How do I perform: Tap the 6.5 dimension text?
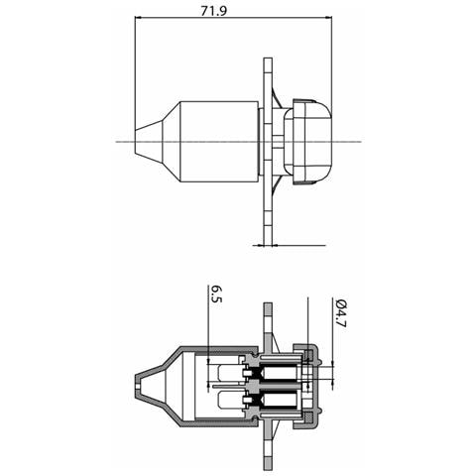[x=216, y=295]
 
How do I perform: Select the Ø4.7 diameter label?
[x=339, y=312]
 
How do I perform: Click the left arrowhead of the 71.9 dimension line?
[x=138, y=17]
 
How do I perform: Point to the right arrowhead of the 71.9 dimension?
[x=328, y=17]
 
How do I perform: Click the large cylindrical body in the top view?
[x=218, y=142]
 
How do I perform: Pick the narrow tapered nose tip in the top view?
[x=149, y=142]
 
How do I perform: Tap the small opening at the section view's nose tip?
[x=138, y=387]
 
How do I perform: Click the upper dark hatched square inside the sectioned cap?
[x=309, y=355]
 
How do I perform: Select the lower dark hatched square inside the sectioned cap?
[x=309, y=418]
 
